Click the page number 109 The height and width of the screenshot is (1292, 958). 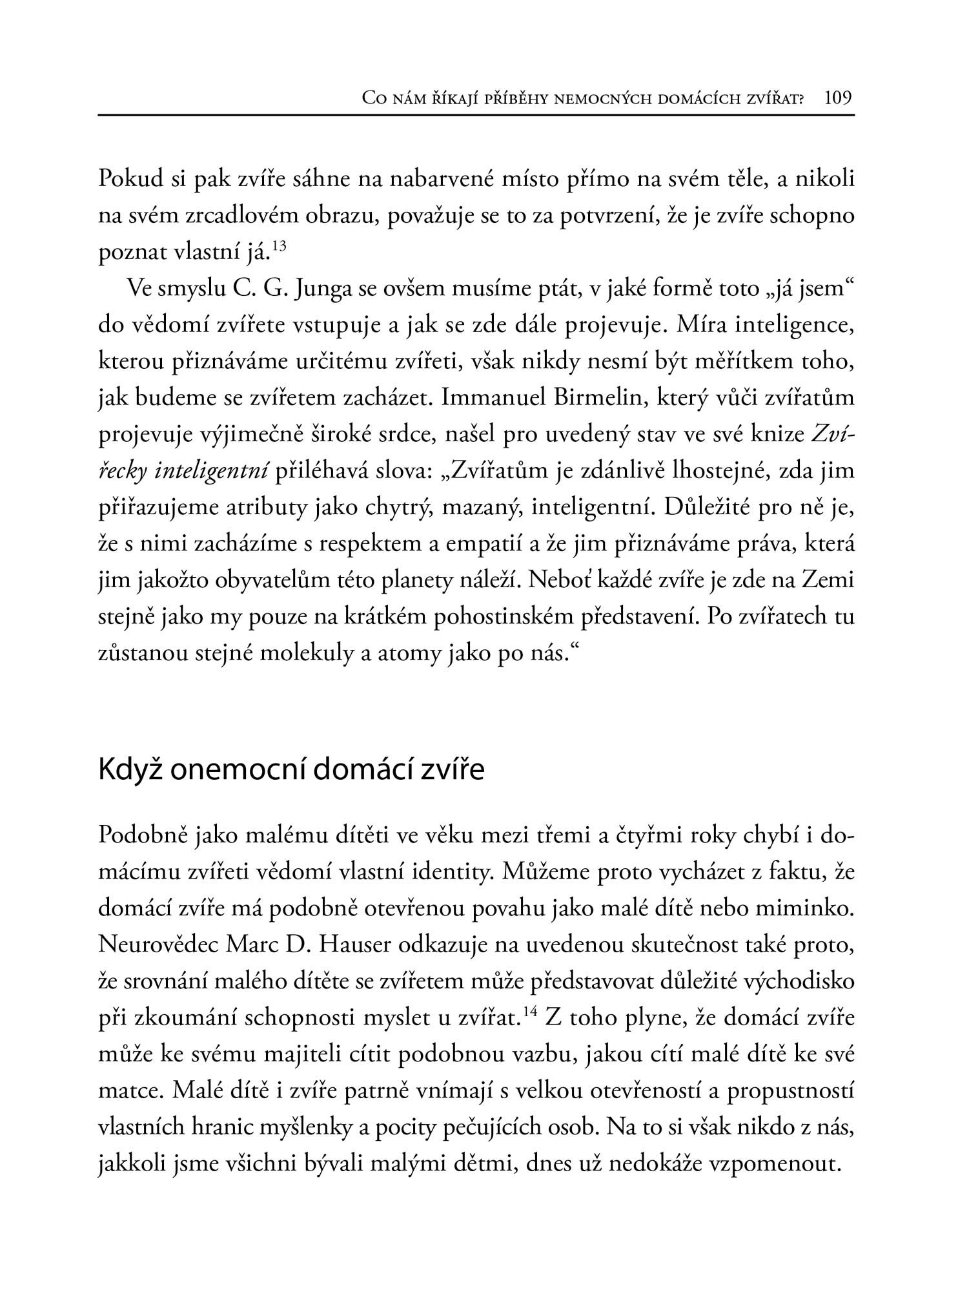839,98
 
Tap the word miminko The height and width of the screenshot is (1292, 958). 810,909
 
